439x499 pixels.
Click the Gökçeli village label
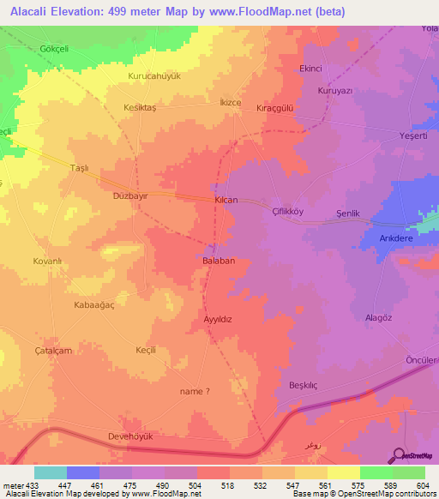[55, 48]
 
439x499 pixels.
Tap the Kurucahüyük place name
[154, 76]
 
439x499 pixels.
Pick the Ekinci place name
[310, 69]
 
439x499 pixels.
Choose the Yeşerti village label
[394, 136]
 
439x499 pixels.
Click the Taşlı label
[79, 169]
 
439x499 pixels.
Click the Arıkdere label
[390, 240]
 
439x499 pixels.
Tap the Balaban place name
[219, 260]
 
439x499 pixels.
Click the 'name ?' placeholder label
[195, 391]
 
